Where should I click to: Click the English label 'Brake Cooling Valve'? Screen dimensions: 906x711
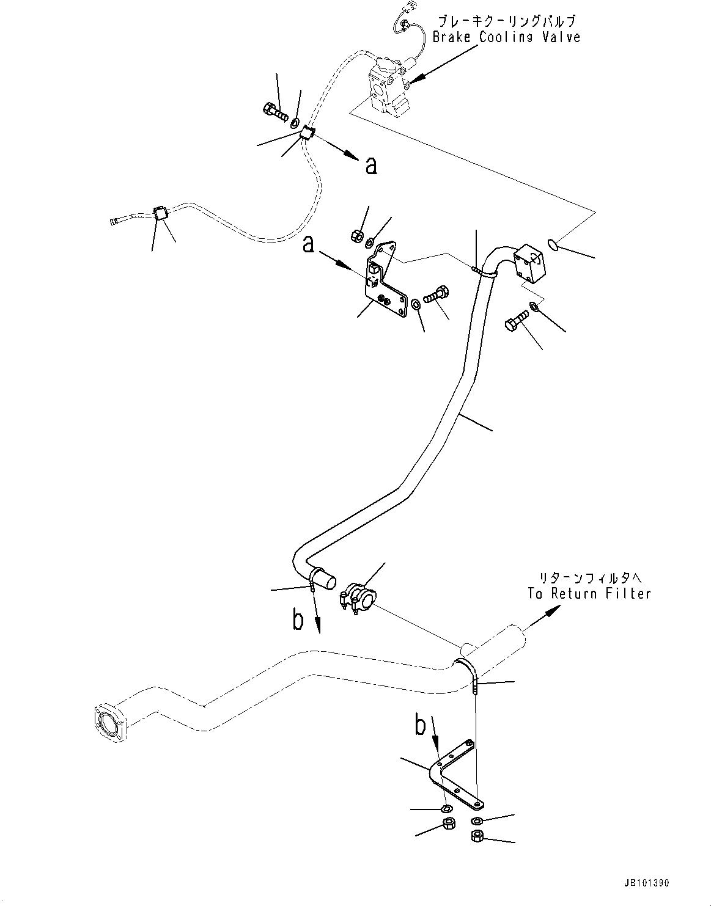point(506,37)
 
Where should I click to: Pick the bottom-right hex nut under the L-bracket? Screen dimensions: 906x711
point(478,836)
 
